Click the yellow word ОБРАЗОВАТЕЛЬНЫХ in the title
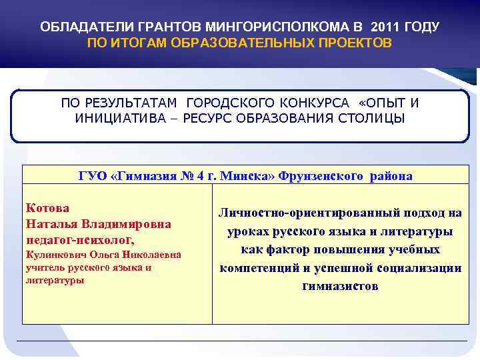[228, 43]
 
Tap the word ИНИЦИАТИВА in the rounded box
[113, 118]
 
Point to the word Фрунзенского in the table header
[321, 176]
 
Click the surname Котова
[47, 208]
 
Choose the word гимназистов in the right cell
[340, 286]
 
